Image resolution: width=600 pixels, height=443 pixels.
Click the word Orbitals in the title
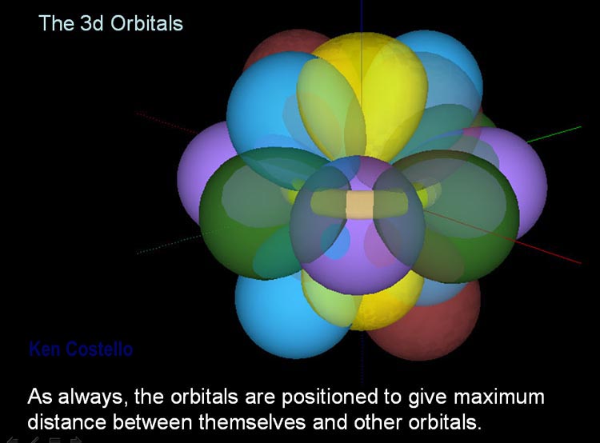146,23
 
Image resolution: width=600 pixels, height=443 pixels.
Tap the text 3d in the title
92,23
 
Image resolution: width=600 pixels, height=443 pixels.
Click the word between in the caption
152,422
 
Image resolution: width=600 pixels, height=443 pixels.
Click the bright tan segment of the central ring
360,205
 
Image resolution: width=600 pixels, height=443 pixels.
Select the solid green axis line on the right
554,134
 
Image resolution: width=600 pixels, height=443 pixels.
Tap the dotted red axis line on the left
167,122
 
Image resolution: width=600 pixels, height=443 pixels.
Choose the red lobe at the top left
283,45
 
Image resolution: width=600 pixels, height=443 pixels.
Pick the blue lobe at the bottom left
283,317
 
